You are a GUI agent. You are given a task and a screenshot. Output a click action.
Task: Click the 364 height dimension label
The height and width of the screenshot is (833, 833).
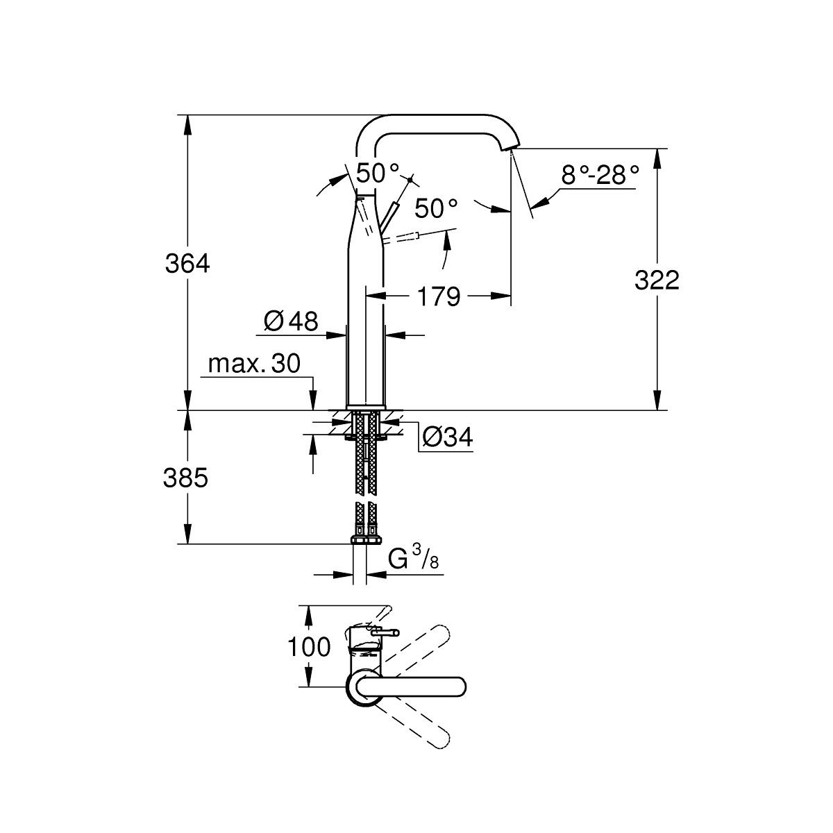pyautogui.click(x=187, y=264)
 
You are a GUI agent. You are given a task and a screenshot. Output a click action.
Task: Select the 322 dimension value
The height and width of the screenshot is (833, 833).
pyautogui.click(x=657, y=280)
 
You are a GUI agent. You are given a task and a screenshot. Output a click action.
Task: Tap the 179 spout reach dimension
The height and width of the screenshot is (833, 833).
pyautogui.click(x=439, y=296)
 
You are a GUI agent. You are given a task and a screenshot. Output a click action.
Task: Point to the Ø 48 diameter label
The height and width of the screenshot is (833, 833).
pyautogui.click(x=291, y=321)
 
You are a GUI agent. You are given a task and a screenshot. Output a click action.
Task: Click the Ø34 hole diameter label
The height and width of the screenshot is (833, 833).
pyautogui.click(x=447, y=437)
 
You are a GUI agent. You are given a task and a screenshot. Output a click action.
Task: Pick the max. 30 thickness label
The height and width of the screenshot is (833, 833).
pyautogui.click(x=254, y=364)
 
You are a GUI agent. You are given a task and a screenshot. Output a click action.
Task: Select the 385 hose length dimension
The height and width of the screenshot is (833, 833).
pyautogui.click(x=185, y=478)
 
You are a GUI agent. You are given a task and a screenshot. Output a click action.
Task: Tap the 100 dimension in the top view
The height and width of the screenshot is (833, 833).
pyautogui.click(x=309, y=647)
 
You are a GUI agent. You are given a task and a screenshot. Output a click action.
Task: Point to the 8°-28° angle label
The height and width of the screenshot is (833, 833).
pyautogui.click(x=600, y=176)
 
